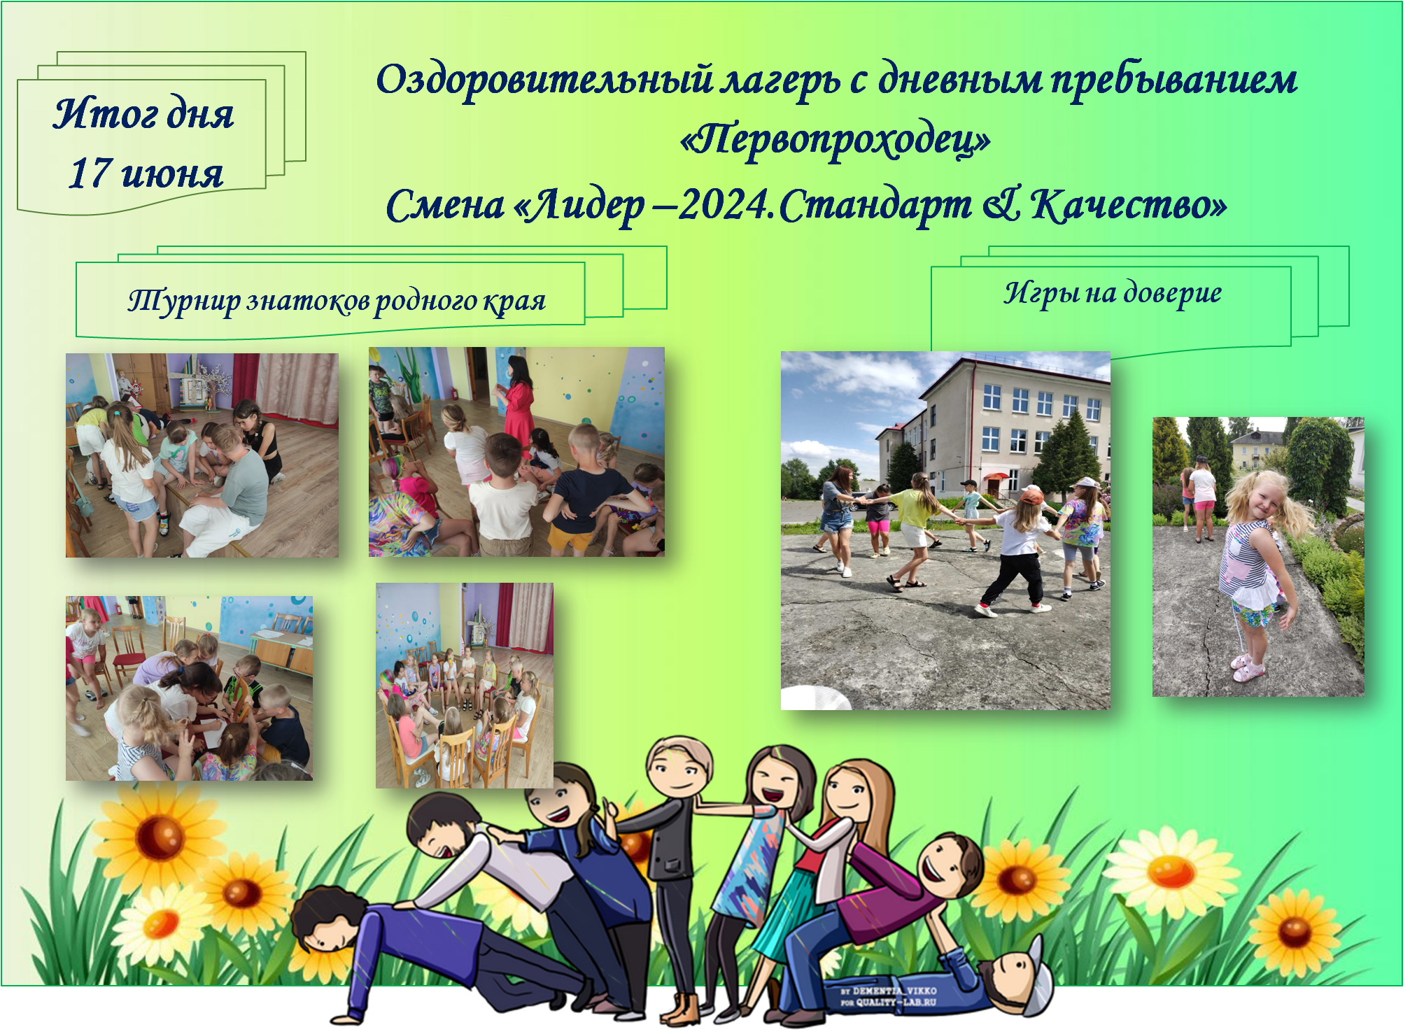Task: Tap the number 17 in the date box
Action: pos(91,172)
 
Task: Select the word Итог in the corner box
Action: pos(96,113)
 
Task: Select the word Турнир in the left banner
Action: pos(184,301)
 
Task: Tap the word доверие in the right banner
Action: pos(1173,292)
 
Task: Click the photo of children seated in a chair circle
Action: pos(465,686)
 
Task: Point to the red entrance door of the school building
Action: pos(992,485)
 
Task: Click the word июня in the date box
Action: pos(172,173)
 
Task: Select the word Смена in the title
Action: pos(445,206)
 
